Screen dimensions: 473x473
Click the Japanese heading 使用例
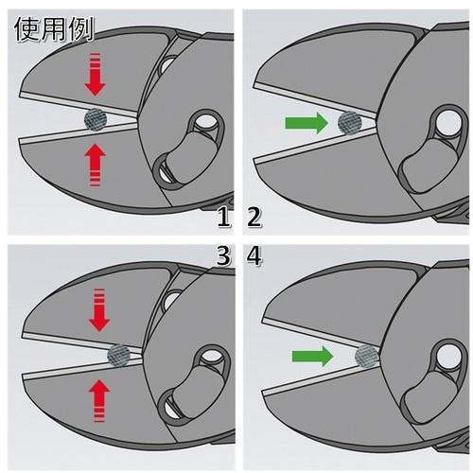tap(54, 28)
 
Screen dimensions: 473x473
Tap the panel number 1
tap(224, 217)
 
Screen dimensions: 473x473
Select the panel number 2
tap(254, 217)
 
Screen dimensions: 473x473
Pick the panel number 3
tap(223, 255)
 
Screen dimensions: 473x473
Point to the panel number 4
tap(254, 255)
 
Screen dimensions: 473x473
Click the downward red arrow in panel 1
tap(95, 74)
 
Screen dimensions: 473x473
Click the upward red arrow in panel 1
tap(95, 165)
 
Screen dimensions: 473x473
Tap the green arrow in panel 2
tap(307, 123)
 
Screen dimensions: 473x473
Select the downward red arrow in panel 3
tap(99, 309)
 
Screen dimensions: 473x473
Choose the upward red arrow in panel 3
tap(99, 400)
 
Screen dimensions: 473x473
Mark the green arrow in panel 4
tap(312, 357)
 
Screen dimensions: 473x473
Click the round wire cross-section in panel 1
tap(96, 119)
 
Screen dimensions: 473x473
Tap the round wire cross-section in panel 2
tap(350, 123)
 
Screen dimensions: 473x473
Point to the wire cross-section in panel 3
tap(119, 356)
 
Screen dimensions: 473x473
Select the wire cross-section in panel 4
tap(367, 357)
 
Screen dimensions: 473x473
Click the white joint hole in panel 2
tap(448, 122)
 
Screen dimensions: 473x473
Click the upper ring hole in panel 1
tap(206, 122)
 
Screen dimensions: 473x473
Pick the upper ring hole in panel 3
tap(211, 356)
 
